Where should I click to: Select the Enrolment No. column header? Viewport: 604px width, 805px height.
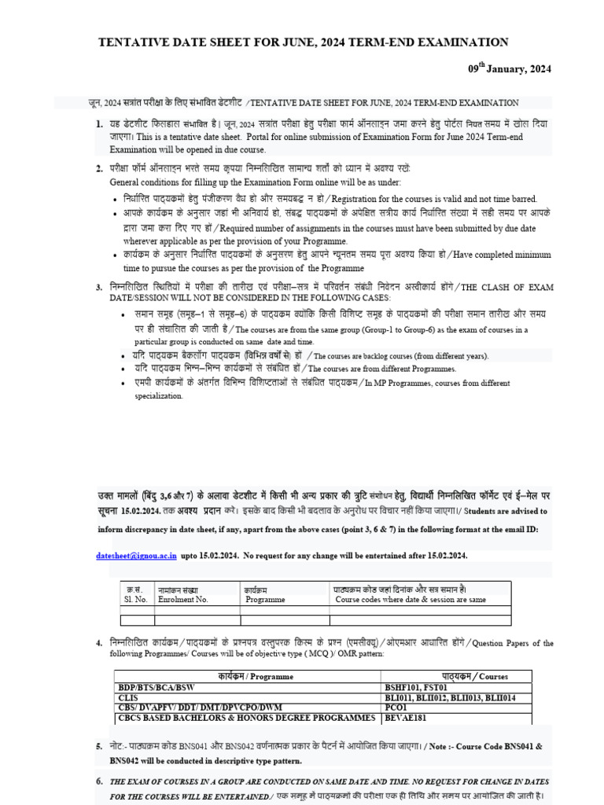click(182, 599)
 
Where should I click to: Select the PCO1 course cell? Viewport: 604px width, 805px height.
click(398, 707)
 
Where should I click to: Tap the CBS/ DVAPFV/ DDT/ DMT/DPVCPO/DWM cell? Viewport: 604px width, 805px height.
click(194, 707)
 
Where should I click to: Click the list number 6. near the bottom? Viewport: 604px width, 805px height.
click(99, 781)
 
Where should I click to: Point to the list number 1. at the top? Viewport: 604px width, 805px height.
click(99, 125)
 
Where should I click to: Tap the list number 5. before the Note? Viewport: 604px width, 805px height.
click(99, 745)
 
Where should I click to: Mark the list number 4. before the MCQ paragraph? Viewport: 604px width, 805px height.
click(99, 643)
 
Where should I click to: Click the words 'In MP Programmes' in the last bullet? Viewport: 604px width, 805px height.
click(410, 383)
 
